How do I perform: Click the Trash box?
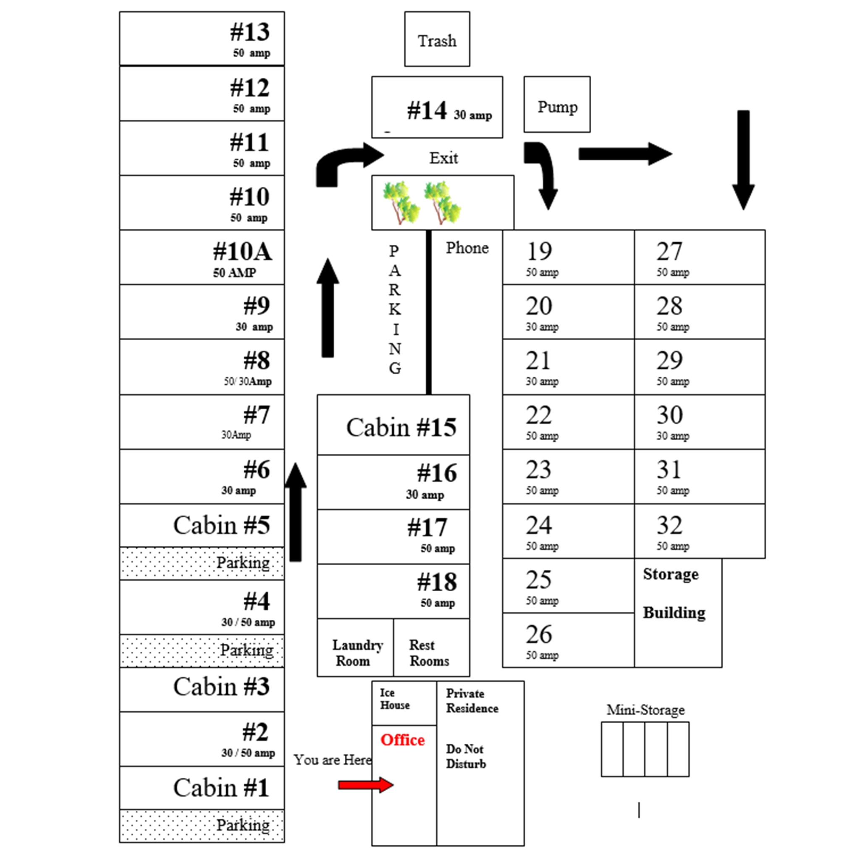point(437,39)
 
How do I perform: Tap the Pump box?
point(557,105)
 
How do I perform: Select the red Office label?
point(402,740)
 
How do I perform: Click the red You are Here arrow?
point(365,785)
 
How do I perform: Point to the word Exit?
point(443,158)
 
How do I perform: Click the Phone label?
point(467,248)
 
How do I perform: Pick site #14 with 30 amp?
point(437,108)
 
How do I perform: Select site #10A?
point(202,257)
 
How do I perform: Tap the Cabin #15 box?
point(393,425)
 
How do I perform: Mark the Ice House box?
point(403,703)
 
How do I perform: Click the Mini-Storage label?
point(645,710)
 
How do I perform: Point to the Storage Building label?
point(674,593)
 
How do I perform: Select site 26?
point(568,640)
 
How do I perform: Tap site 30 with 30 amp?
point(699,422)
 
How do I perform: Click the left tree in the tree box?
point(400,202)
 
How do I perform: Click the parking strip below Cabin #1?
point(202,826)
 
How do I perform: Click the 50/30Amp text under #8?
point(247,381)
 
